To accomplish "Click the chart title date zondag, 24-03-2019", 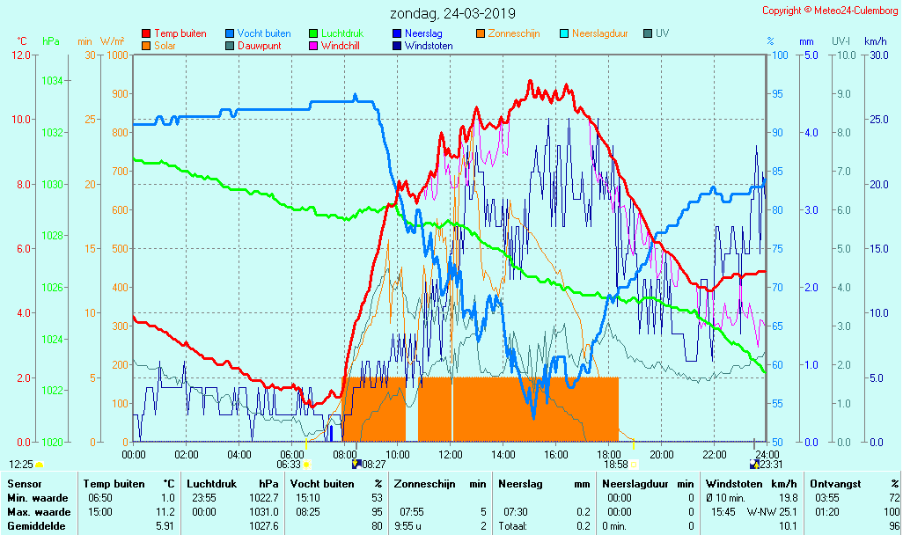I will point(453,14).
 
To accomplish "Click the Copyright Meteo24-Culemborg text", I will point(830,11).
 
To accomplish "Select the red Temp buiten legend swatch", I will point(146,33).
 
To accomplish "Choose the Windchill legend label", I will point(339,46).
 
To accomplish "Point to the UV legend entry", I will point(662,33).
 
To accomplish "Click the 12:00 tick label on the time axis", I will point(451,454).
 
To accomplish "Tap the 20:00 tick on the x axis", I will point(662,454).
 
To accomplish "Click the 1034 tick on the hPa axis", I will point(52,81).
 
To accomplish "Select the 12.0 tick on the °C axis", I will point(21,55).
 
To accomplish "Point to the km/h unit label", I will point(876,41).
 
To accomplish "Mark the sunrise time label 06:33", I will point(289,465).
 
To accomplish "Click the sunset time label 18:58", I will point(615,465).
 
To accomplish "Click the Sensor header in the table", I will point(23,484).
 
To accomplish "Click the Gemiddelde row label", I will point(33,526).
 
